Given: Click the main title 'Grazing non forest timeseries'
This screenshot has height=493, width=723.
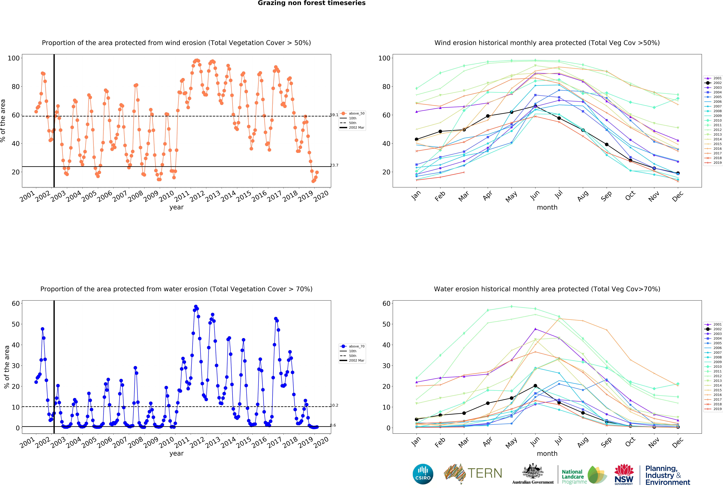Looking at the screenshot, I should pos(311,3).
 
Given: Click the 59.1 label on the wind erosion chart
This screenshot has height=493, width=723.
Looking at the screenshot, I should pos(334,115).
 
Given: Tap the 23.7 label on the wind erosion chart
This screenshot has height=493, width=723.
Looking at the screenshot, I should pos(334,165).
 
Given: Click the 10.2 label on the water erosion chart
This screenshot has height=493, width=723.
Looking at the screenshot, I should pos(334,405).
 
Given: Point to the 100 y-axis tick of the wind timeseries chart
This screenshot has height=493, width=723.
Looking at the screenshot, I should pos(14,58).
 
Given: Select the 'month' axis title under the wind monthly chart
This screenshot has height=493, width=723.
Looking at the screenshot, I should pos(547,207).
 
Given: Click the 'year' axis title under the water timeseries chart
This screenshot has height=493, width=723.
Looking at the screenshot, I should pos(176,453).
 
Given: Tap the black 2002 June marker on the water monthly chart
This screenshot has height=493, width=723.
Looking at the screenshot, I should pos(535,386).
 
